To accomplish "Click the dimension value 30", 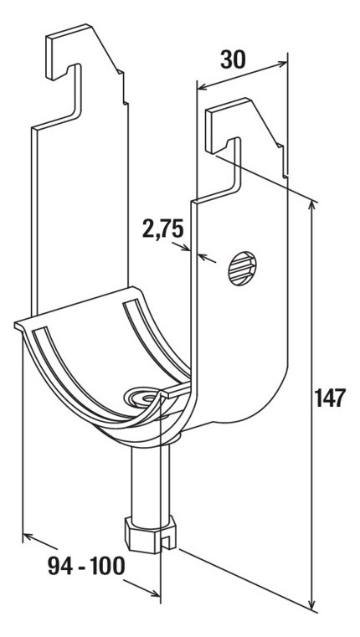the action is coord(234,59).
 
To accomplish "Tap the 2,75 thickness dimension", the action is coord(163,229).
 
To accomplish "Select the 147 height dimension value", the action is coord(330,398).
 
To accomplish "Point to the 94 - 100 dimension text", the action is coord(86,566).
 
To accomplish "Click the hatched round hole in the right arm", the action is coord(242,268).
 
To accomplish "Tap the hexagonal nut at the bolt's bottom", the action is coord(150,534).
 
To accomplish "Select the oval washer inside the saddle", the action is coord(142,397).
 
